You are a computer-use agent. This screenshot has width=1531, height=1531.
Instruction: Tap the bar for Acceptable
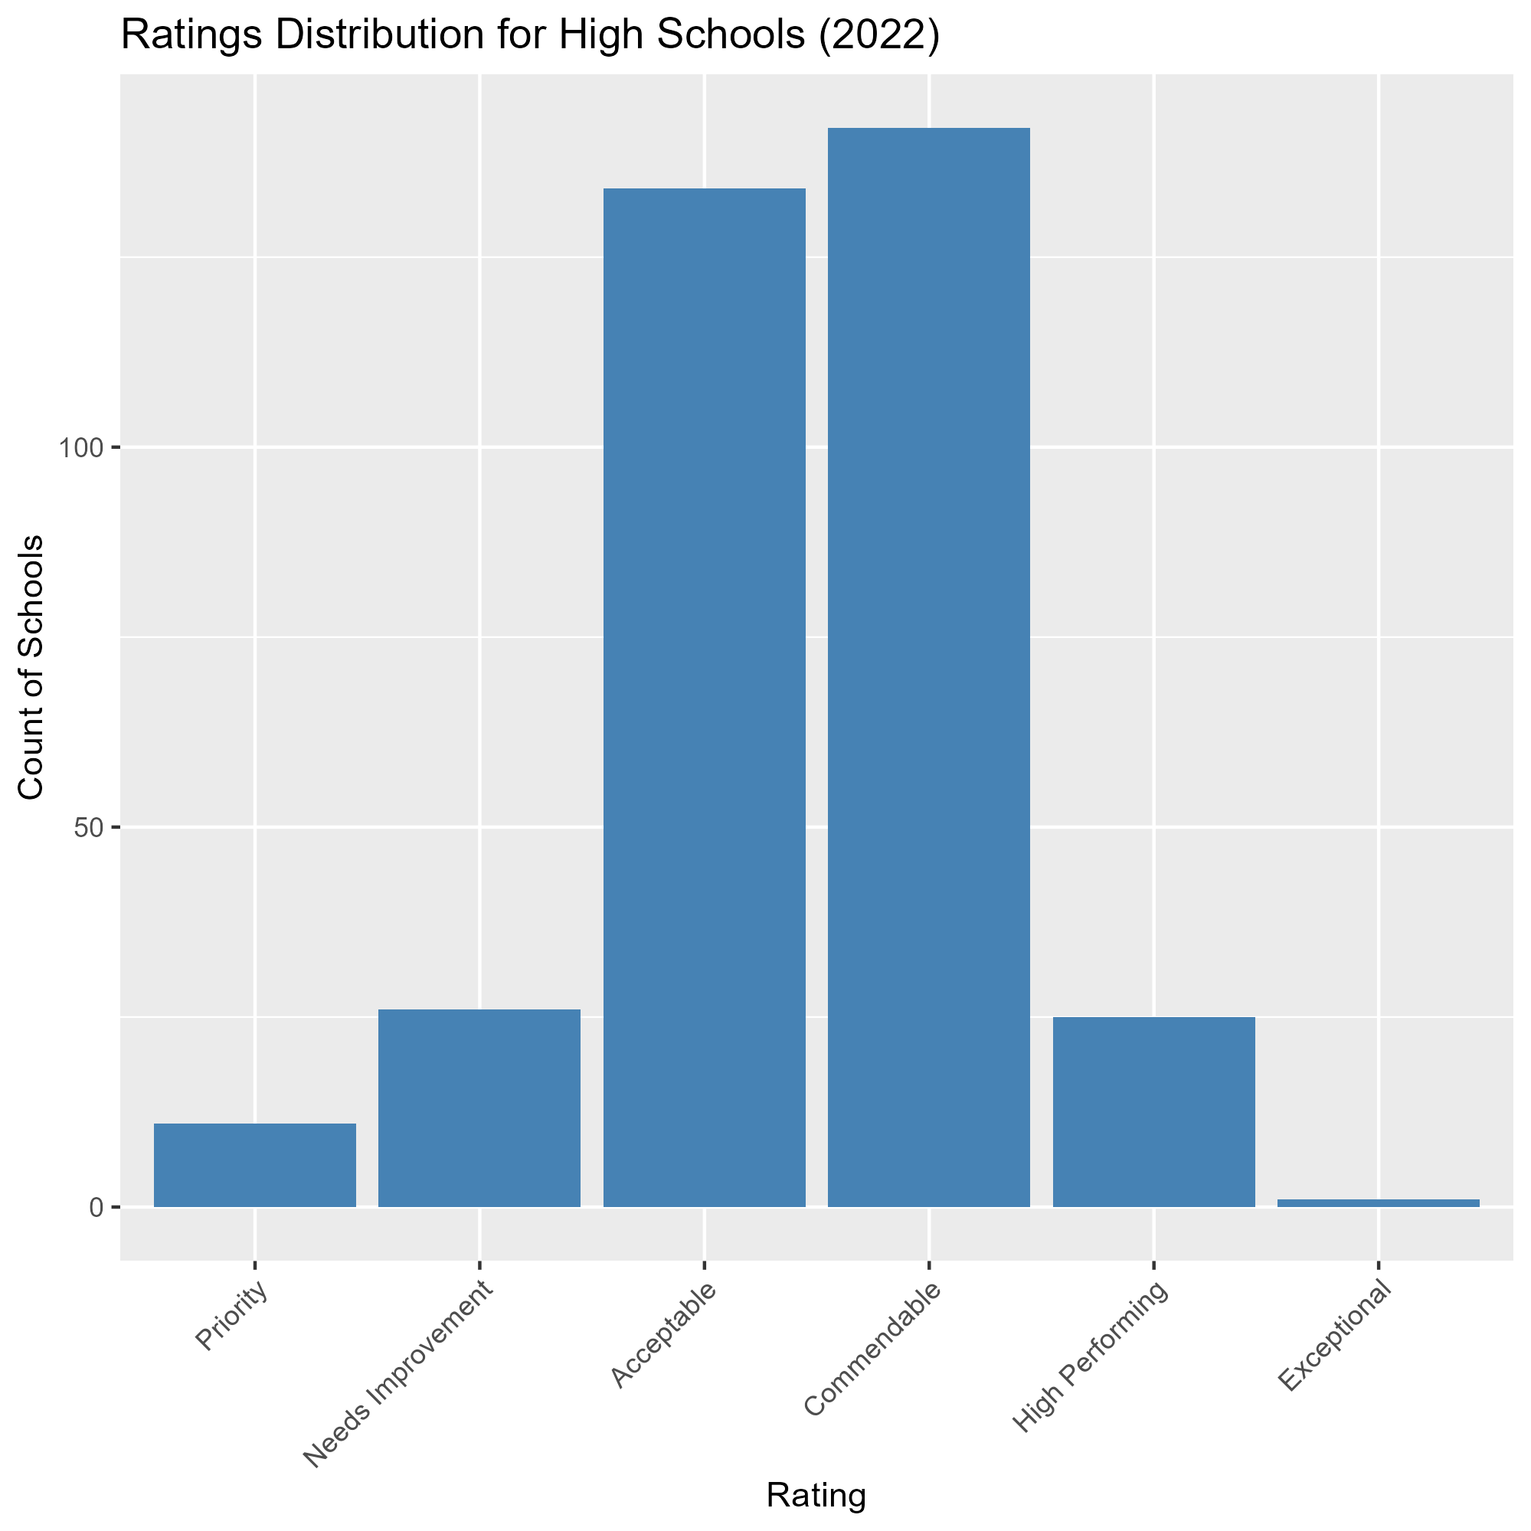point(705,698)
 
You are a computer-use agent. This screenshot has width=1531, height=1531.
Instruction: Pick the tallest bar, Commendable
point(929,666)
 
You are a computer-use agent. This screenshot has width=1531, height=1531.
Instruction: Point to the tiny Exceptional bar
point(1378,1203)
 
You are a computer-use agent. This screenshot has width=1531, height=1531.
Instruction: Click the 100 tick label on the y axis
point(83,449)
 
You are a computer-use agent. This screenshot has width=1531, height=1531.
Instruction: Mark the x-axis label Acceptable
point(664,1334)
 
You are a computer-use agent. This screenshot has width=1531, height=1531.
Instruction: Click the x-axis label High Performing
point(1091,1356)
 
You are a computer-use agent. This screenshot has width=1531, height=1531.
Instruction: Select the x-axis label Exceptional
point(1334,1334)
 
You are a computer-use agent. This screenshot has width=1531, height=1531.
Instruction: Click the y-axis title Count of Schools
point(31,667)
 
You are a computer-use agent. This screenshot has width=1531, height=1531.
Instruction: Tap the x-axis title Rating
point(816,1495)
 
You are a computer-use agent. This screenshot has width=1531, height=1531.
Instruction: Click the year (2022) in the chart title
point(878,38)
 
